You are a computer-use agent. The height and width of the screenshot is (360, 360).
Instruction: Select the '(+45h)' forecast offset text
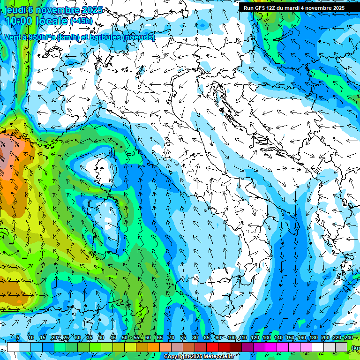tap(81, 21)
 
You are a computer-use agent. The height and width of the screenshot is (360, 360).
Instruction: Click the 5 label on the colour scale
tap(18, 338)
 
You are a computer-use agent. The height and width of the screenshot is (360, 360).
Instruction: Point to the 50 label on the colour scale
tap(124, 338)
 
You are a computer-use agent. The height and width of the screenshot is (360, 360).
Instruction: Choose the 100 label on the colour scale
tap(232, 338)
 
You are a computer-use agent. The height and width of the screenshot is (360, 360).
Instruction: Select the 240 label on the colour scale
tap(349, 338)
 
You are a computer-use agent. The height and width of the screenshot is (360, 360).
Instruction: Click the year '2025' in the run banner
tap(337, 8)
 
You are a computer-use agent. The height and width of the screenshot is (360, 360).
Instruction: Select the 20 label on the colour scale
tap(54, 338)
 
